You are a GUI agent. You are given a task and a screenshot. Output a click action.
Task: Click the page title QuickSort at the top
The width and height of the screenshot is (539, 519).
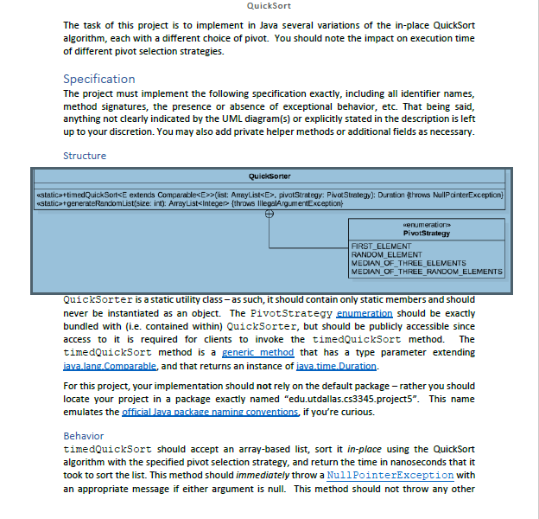tap(269, 6)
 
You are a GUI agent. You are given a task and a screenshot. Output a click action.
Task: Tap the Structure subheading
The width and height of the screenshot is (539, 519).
tap(85, 156)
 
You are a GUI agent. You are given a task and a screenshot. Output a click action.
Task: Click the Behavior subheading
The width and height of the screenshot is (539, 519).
tap(84, 436)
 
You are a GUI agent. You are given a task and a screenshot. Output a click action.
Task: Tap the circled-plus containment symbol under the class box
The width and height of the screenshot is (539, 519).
tap(269, 214)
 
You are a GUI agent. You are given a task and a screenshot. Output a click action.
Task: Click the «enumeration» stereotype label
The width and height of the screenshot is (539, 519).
tap(426, 224)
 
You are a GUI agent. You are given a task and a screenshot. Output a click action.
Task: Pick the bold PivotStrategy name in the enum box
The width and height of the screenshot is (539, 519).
tap(426, 233)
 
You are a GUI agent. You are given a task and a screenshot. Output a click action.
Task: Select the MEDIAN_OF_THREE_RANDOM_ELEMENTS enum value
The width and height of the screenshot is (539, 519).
tap(426, 272)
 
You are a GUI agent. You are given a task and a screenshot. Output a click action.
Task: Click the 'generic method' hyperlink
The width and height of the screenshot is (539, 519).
tap(258, 352)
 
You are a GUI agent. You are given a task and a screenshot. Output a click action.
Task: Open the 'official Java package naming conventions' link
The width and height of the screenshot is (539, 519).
tap(211, 412)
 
